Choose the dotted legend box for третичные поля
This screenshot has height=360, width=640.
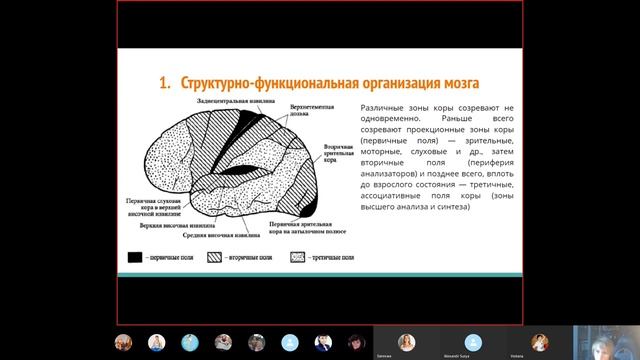[x=298, y=257]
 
